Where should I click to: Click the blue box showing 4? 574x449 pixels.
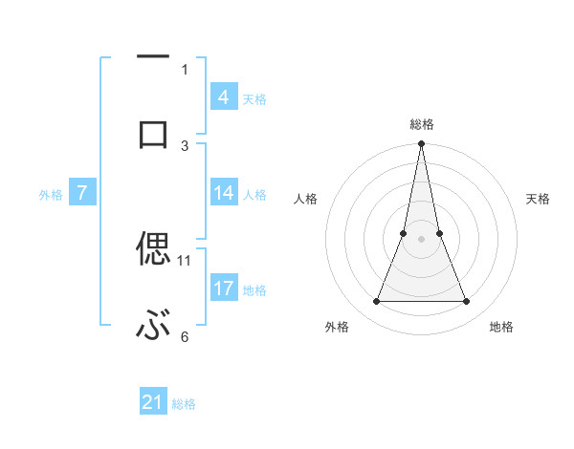(x=223, y=97)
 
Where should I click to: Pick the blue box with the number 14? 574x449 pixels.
(x=223, y=194)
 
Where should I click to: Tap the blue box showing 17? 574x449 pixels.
(x=223, y=289)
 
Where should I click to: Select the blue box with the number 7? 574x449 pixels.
(x=82, y=194)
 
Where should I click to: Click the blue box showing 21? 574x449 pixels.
(x=153, y=402)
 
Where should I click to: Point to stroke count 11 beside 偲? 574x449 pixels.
(x=185, y=260)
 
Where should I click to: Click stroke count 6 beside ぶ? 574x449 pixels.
(x=185, y=336)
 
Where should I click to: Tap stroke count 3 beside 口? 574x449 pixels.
(x=185, y=145)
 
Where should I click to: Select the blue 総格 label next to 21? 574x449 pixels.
(x=184, y=404)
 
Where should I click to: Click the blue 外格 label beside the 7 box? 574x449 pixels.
(x=51, y=195)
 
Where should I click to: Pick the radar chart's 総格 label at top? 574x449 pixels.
(x=422, y=124)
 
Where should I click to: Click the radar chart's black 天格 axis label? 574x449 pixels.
(x=538, y=199)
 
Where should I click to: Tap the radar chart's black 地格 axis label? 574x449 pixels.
(x=501, y=327)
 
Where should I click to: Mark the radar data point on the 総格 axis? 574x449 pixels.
(x=421, y=144)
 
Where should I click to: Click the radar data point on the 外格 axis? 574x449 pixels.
(x=376, y=302)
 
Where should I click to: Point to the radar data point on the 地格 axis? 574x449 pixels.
(x=467, y=302)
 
